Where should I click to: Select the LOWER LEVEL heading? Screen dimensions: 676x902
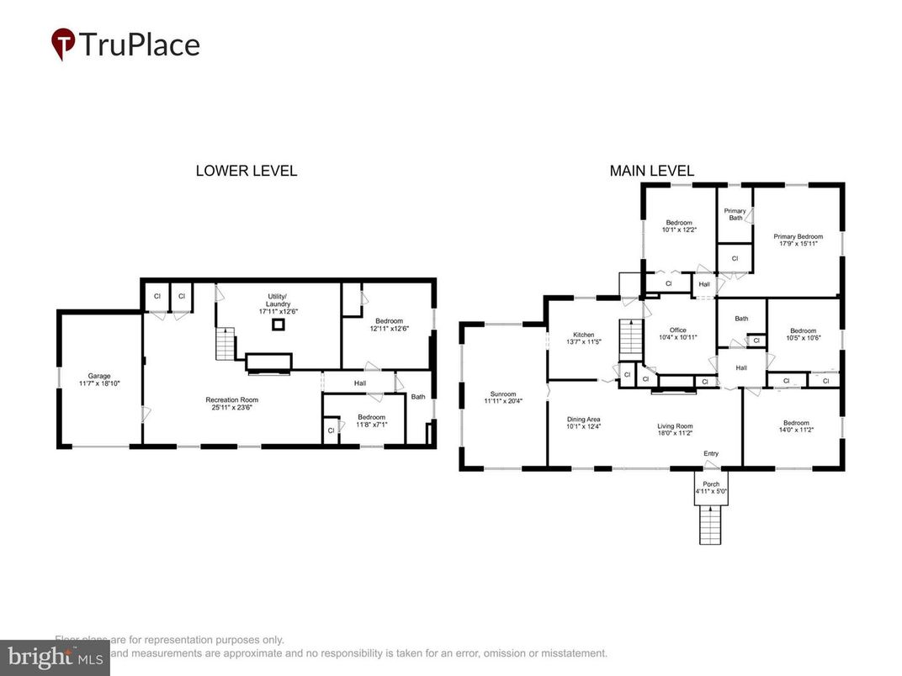coord(246,171)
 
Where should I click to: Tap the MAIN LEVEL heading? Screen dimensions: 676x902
coord(652,171)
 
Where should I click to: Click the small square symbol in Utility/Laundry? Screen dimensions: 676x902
coord(276,325)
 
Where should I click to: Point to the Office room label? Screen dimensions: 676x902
coord(677,330)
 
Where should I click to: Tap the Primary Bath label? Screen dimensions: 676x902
coord(735,214)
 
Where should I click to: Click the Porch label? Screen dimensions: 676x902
coord(711,484)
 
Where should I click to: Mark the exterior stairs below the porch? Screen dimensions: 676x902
coord(711,525)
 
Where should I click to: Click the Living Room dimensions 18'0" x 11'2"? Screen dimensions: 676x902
coord(675,433)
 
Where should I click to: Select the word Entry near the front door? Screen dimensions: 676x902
coord(711,454)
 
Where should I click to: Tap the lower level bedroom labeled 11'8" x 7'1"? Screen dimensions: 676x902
coord(371,421)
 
